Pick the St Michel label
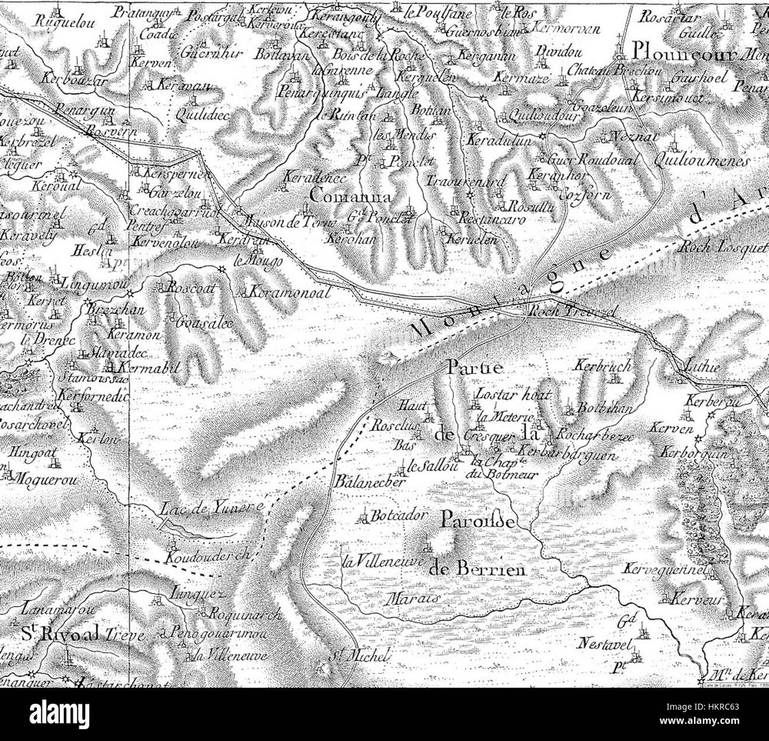pyautogui.click(x=359, y=655)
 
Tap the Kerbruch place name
pyautogui.click(x=602, y=366)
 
